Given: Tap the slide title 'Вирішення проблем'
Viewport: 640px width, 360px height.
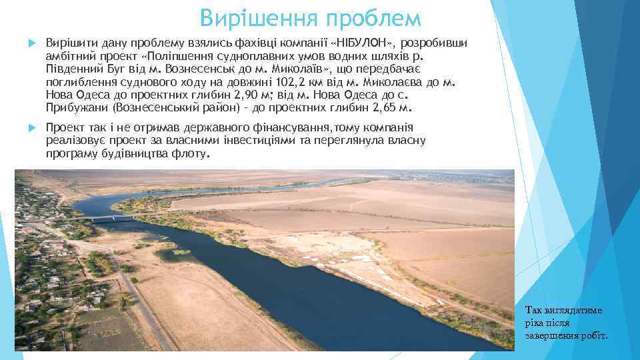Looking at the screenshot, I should pyautogui.click(x=311, y=18).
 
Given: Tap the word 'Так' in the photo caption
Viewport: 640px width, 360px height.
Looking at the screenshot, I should pyautogui.click(x=534, y=310).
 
